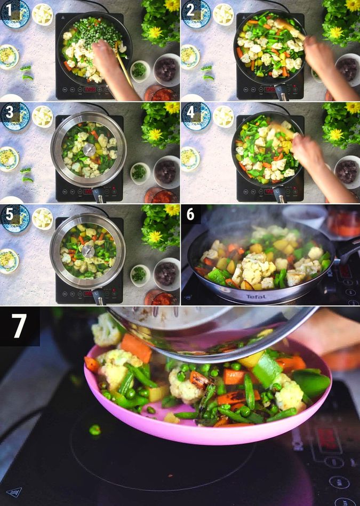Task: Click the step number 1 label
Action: [x=10, y=9]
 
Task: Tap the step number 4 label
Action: [x=189, y=111]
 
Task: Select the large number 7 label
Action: [x=19, y=325]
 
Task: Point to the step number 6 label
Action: [x=190, y=214]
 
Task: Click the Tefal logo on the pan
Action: [x=255, y=296]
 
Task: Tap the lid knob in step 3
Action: [x=89, y=150]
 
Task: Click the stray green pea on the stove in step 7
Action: [x=94, y=430]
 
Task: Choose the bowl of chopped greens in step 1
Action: [x=140, y=70]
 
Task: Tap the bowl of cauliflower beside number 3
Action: [x=42, y=116]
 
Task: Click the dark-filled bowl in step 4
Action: [x=347, y=171]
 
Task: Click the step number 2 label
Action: [x=189, y=9]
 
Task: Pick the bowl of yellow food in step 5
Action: [x=8, y=260]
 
